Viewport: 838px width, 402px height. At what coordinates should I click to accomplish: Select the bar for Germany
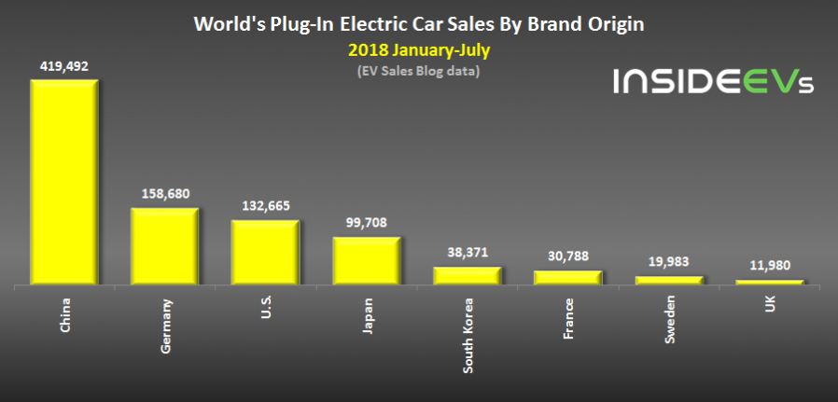164,246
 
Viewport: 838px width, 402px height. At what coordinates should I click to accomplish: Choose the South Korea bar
467,275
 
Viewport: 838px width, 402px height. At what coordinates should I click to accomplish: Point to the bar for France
567,277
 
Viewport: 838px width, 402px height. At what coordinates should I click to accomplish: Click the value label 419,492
63,66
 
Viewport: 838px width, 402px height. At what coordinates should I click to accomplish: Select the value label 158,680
164,195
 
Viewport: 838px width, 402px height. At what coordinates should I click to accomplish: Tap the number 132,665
265,207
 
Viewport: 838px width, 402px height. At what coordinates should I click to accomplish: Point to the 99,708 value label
366,223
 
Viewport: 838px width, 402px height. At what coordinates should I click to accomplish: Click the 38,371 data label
467,253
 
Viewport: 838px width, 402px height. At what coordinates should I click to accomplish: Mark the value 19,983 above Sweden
668,262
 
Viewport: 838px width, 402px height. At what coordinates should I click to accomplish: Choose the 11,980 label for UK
769,266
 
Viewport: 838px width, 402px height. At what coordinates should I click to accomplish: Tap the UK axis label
771,306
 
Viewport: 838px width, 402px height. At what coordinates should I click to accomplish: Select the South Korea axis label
468,337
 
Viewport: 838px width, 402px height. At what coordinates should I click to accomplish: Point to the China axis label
65,315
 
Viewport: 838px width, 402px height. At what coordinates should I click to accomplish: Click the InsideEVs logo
713,82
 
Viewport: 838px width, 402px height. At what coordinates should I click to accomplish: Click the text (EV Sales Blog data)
418,71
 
